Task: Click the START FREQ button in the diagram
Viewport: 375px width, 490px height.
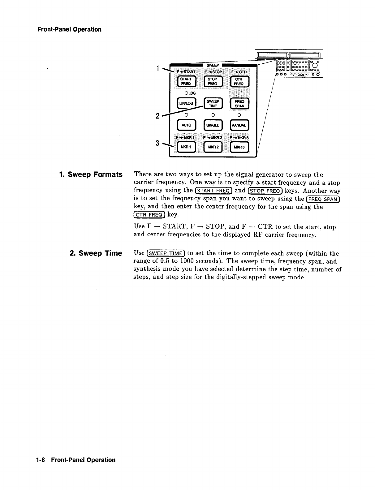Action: tap(186, 81)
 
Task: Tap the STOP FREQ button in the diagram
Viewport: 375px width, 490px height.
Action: tap(213, 81)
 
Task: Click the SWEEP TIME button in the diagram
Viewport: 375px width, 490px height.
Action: tap(213, 104)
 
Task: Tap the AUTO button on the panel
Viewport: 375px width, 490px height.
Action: tap(186, 125)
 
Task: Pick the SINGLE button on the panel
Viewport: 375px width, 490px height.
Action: tap(213, 125)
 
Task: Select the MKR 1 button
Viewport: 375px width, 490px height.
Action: tap(186, 147)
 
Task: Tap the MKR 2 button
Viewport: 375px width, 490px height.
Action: tap(213, 147)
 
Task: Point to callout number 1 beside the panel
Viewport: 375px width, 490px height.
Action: tap(158, 68)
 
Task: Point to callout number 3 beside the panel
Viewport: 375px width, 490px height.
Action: tap(157, 143)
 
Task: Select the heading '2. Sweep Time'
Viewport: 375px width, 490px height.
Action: tap(96, 254)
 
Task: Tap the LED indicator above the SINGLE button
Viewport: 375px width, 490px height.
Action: tap(213, 115)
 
